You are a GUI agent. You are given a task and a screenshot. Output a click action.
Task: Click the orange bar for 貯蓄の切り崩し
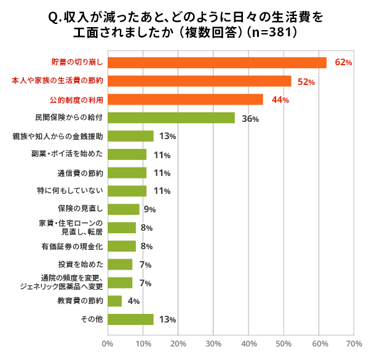[x=217, y=62]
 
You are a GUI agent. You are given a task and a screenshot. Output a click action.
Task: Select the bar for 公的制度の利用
[x=185, y=99]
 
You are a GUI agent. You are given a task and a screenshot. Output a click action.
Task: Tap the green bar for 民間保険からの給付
[x=171, y=118]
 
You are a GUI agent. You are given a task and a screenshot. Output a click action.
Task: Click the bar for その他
[x=130, y=319]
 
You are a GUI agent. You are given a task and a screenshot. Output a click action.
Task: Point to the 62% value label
[x=343, y=63]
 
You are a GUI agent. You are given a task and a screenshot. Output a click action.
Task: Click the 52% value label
[x=307, y=82]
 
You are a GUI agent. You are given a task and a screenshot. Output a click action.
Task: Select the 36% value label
[x=250, y=119]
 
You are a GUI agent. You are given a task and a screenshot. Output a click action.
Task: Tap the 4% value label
[x=133, y=302]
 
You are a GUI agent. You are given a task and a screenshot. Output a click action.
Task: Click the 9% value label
[x=149, y=210]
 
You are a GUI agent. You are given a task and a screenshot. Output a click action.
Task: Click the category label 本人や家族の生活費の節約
[x=57, y=81]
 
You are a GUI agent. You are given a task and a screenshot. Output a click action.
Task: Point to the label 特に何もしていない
[x=69, y=191]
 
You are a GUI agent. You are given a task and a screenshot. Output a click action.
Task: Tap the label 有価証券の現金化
[x=72, y=246]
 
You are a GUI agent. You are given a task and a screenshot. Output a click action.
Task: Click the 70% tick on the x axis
[x=354, y=343]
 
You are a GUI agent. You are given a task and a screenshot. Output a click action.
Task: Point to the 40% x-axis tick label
[x=248, y=343]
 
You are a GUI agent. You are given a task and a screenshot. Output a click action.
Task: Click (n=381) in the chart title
[x=271, y=32]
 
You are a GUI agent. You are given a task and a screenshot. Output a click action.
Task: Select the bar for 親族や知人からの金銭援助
[x=130, y=136]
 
